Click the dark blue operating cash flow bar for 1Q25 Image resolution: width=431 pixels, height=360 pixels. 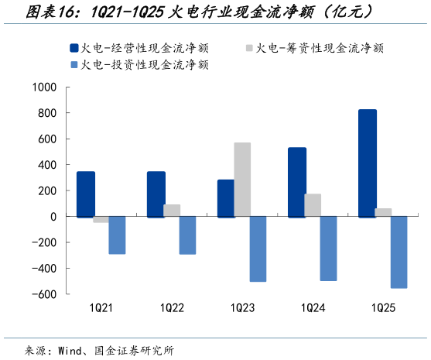(368, 163)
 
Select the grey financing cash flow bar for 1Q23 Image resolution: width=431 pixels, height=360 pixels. (242, 180)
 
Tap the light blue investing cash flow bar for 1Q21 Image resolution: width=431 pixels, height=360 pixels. (117, 235)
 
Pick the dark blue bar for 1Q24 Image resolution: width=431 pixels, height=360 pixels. (297, 182)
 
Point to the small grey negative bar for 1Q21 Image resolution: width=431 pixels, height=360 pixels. (101, 220)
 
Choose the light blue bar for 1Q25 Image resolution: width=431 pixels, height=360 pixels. (399, 252)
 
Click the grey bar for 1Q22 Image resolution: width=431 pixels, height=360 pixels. (172, 211)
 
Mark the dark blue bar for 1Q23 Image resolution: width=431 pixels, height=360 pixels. (226, 198)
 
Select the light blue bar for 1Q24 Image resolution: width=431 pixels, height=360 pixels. (328, 249)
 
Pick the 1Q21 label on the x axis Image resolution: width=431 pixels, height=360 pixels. (101, 308)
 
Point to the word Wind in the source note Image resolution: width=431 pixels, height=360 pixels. (73, 349)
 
